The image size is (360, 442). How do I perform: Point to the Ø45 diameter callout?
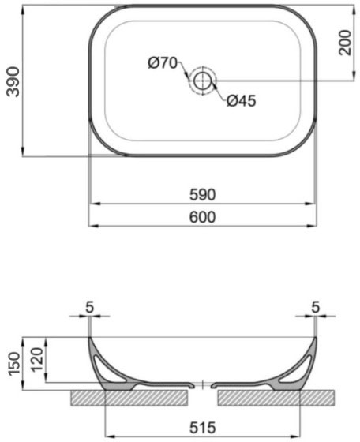tap(242, 100)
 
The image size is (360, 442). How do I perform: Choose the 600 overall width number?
tap(203, 216)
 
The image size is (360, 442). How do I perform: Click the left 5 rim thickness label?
tap(92, 306)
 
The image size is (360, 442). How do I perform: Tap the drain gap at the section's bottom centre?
tap(204, 386)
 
